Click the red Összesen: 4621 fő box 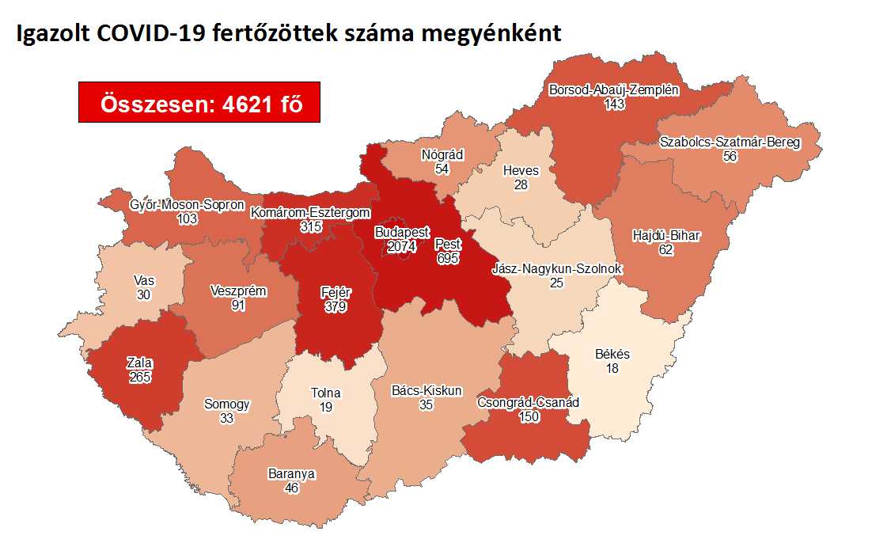[199, 102]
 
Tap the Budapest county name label [402, 234]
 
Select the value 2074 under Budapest [402, 247]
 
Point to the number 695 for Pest [447, 258]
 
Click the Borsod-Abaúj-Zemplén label [613, 90]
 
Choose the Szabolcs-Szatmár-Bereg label [730, 143]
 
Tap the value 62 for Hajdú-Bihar [667, 249]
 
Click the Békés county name [612, 355]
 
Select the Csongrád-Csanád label [528, 403]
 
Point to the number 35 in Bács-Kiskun [427, 404]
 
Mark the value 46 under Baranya [291, 488]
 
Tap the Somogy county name [227, 404]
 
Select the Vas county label [143, 280]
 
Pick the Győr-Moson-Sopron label [188, 205]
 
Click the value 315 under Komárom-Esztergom [310, 226]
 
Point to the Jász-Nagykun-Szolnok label [556, 269]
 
